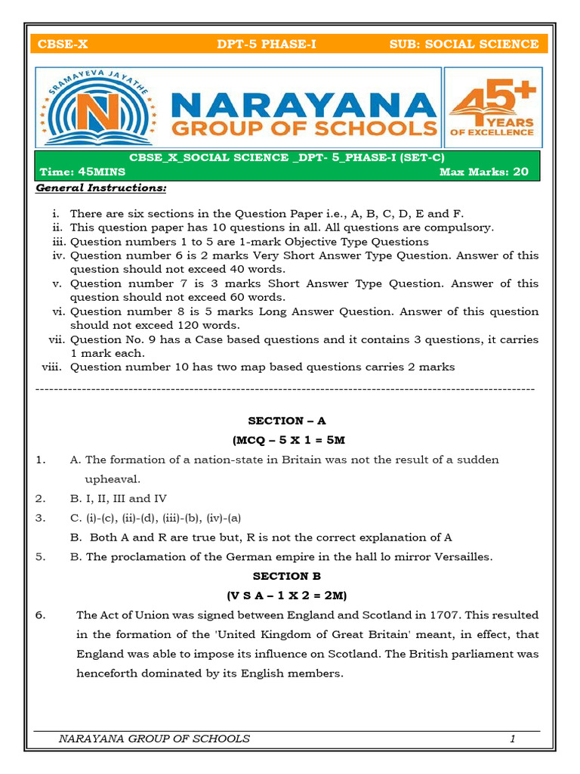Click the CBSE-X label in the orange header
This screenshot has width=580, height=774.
click(63, 44)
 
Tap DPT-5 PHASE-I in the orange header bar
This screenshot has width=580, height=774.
click(266, 44)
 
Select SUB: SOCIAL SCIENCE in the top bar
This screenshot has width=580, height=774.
click(464, 44)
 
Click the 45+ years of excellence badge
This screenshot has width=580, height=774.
click(492, 108)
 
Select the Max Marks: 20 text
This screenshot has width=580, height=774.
click(484, 172)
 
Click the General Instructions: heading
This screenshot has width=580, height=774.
click(101, 187)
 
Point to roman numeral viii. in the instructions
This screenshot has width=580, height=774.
click(53, 367)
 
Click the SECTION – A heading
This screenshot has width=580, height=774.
click(287, 420)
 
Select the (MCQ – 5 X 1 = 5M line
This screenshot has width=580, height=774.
click(288, 440)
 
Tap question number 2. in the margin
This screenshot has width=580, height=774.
click(41, 499)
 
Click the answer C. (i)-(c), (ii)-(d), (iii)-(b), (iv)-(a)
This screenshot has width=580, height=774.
click(156, 519)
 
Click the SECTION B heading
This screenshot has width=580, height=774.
click(287, 576)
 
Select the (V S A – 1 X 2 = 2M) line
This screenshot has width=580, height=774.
click(287, 595)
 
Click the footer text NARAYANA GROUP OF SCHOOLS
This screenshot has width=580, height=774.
click(154, 738)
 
